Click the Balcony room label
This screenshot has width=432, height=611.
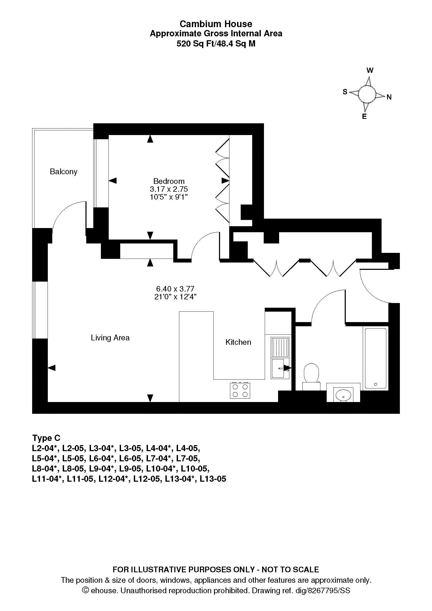pos(64,172)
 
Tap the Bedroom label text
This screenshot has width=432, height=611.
pos(169,181)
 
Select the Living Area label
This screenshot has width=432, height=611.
pos(110,338)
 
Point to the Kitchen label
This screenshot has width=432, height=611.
pos(238,342)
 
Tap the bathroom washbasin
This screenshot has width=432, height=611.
pos(343,394)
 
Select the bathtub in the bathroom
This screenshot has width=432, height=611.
pos(376,358)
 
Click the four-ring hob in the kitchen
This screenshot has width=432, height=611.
pos(240,390)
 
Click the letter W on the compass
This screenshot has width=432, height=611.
pos(370,70)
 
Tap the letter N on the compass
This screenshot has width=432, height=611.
pos(389,97)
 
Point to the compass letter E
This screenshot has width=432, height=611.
pos(364,116)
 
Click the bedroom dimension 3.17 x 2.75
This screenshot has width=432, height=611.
pos(169,189)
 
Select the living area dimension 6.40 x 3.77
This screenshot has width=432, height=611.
pos(175,289)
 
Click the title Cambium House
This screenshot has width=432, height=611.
pos(216,24)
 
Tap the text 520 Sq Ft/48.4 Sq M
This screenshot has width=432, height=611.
pos(216,44)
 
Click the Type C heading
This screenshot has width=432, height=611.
pos(46,438)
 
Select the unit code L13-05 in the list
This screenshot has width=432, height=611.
pos(213,479)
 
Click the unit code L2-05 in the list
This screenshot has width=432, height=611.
pos(73,449)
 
